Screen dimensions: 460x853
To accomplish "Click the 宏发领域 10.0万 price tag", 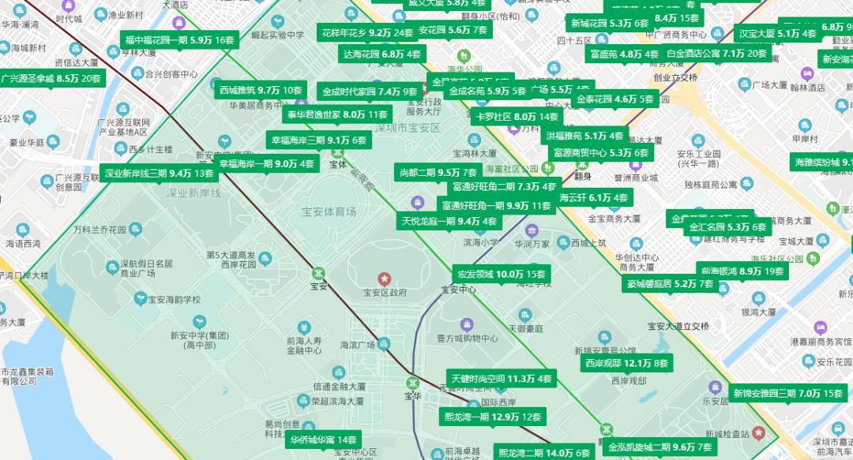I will pyautogui.click(x=502, y=274).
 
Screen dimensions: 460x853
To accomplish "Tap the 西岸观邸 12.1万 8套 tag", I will pyautogui.click(x=626, y=364).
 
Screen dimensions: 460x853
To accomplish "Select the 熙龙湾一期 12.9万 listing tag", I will pyautogui.click(x=493, y=417).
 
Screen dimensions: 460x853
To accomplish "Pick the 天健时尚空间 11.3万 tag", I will pyautogui.click(x=501, y=379).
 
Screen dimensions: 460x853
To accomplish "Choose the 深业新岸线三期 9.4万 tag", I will pyautogui.click(x=159, y=173).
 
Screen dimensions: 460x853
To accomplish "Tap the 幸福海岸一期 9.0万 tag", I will pyautogui.click(x=267, y=163).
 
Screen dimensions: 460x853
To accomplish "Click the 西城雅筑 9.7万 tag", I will pyautogui.click(x=261, y=90).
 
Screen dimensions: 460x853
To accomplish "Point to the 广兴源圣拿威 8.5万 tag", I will pyautogui.click(x=52, y=78).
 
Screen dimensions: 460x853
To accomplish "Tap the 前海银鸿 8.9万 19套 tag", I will pyautogui.click(x=742, y=271).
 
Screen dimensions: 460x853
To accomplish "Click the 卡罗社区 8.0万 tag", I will pyautogui.click(x=516, y=116).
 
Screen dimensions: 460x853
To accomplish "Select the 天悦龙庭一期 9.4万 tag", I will pyautogui.click(x=449, y=221).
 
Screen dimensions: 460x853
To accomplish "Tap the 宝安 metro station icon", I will pyautogui.click(x=318, y=272).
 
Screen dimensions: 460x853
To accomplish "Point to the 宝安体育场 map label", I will pyautogui.click(x=329, y=211).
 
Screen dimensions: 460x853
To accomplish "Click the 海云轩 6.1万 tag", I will pyautogui.click(x=594, y=197).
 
